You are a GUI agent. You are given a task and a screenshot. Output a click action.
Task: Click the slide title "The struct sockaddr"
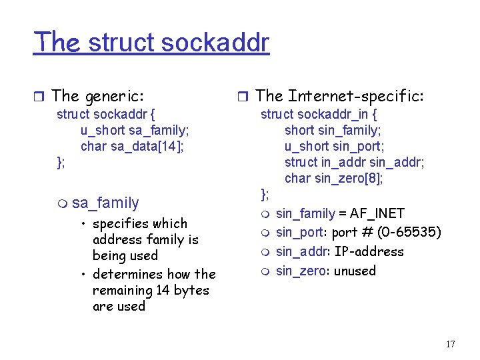[151, 42]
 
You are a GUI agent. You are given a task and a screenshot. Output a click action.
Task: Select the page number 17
[450, 344]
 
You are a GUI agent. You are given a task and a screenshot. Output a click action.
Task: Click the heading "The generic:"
[97, 96]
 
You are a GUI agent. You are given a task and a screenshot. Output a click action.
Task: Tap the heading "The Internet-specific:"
[339, 96]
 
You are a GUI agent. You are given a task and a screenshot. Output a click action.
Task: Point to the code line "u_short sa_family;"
[135, 130]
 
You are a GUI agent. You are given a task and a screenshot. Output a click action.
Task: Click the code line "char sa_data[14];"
[132, 146]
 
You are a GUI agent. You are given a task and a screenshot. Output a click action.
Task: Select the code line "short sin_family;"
[333, 130]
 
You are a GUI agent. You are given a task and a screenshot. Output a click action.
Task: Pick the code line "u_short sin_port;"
[334, 146]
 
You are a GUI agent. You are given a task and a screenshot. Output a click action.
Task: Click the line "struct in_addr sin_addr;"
[354, 162]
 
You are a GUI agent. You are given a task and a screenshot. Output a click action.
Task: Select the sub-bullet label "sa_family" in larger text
[105, 203]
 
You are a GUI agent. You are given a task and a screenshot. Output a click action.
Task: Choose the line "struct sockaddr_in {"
[319, 114]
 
